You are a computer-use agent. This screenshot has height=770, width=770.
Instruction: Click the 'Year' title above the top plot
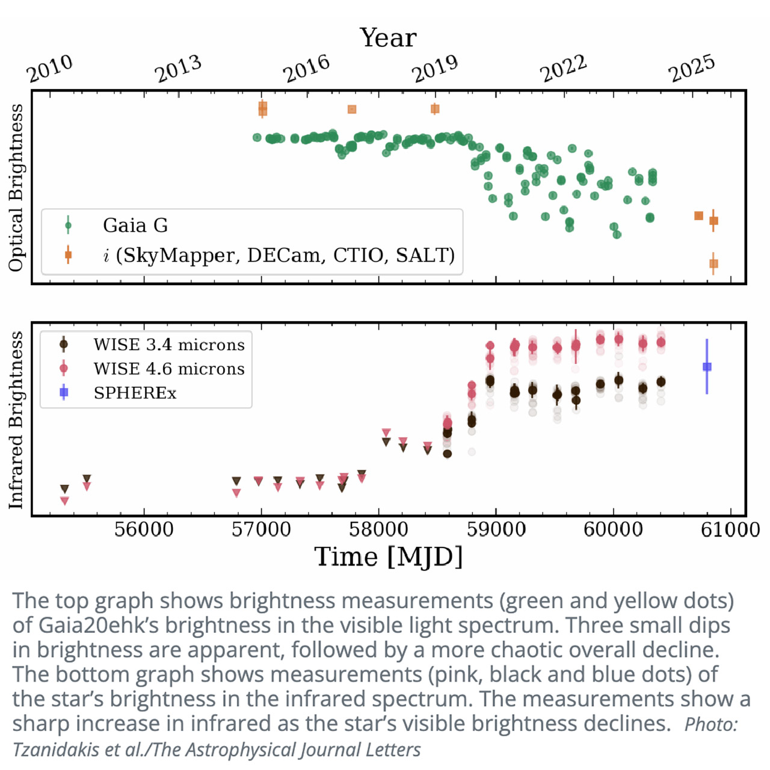coord(388,38)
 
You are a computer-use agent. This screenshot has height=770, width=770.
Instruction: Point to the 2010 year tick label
coord(49,69)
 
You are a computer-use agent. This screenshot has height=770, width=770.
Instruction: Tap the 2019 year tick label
coord(435,69)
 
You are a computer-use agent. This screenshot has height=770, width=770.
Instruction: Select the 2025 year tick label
coord(692,69)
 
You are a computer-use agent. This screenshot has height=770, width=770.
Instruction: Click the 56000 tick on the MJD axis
coord(144,530)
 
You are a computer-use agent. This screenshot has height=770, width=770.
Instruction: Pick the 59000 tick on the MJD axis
coord(496,530)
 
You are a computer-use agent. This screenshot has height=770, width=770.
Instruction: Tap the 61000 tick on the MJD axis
coord(730,530)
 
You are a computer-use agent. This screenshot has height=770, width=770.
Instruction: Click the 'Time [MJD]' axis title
coord(389,557)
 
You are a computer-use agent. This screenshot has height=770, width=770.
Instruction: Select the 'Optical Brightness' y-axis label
coord(16,187)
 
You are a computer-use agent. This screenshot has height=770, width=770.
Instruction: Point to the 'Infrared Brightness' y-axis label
coord(16,419)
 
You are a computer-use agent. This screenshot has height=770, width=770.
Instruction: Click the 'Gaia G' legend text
coord(135,226)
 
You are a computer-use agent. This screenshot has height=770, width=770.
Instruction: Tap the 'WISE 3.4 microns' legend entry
coord(169,345)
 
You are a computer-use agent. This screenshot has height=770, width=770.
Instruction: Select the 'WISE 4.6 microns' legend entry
coord(169,369)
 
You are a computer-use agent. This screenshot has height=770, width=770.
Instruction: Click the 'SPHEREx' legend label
coord(135,393)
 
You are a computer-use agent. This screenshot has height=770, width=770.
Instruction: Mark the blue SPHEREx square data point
coord(707,367)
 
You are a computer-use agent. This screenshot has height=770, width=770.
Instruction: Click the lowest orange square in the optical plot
coord(713,263)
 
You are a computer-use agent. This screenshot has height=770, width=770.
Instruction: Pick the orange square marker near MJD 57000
coord(262,109)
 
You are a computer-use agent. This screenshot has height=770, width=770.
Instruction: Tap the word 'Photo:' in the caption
coord(711,724)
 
